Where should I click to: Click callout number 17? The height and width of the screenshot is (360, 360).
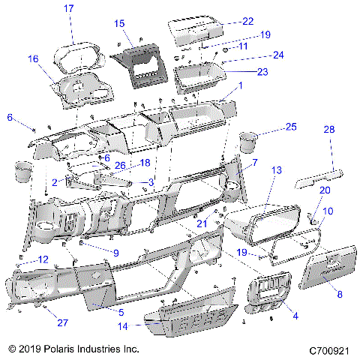point(68,9)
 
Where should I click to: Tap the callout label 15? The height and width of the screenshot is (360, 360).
point(120,24)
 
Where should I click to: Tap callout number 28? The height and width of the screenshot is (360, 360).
point(328,130)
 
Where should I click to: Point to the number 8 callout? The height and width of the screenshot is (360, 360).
point(339,295)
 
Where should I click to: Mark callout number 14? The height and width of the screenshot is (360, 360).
point(123,326)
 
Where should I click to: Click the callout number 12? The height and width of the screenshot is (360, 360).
point(43,259)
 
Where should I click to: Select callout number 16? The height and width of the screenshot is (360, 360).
point(33,58)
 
